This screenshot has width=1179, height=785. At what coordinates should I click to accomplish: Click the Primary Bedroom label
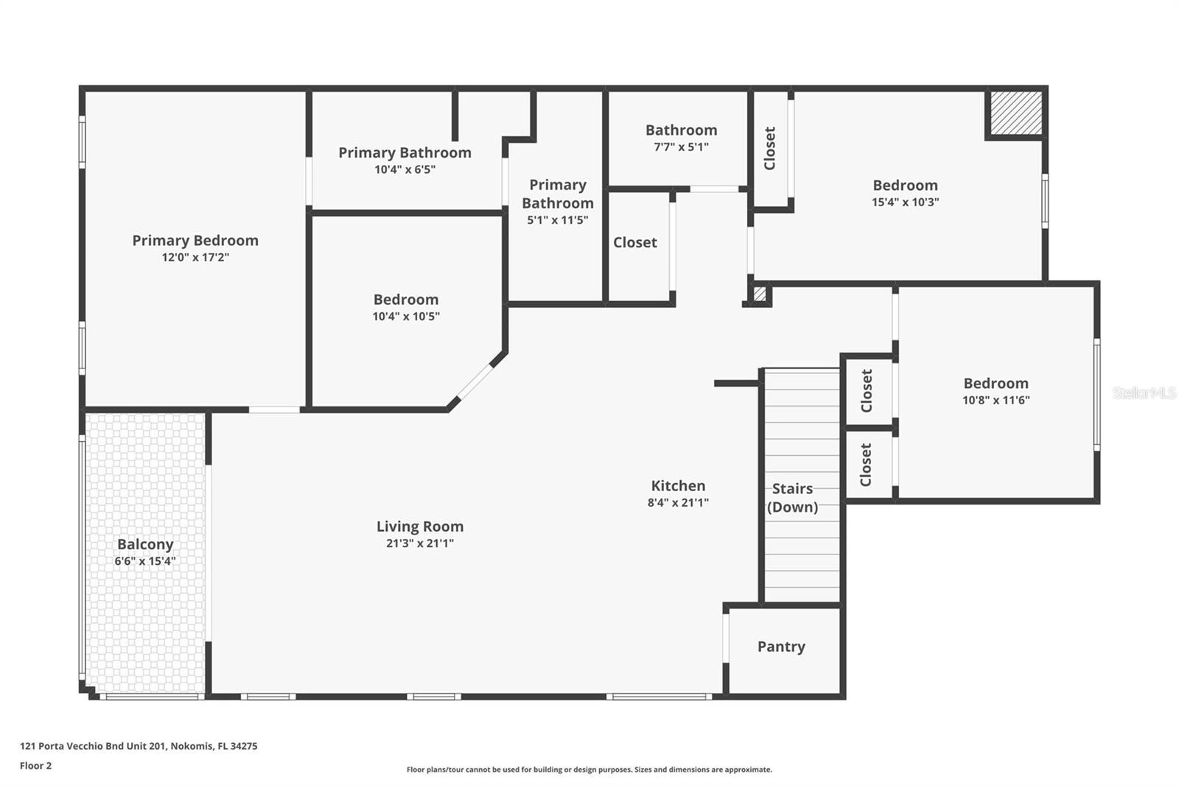[x=195, y=241]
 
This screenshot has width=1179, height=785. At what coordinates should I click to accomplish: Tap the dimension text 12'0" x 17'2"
[x=195, y=257]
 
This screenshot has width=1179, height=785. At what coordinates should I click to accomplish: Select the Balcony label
[x=145, y=544]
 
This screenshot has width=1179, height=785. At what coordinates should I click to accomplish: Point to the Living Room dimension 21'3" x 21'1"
[x=420, y=543]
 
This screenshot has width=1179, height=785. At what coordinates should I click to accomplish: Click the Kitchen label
[x=678, y=485]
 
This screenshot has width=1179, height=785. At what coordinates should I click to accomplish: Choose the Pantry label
[x=781, y=647]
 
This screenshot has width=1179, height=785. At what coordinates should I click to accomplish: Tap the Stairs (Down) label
[x=792, y=498]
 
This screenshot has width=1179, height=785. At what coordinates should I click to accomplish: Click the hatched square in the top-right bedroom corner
[x=1016, y=113]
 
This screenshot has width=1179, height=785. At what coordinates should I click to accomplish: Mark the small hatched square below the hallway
[x=760, y=294]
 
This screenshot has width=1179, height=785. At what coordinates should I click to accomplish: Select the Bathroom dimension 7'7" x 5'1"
[x=681, y=147]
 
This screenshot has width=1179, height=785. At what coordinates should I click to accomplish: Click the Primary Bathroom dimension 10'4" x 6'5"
[x=405, y=169]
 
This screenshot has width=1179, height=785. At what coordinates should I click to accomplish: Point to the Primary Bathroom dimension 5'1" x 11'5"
[x=557, y=220]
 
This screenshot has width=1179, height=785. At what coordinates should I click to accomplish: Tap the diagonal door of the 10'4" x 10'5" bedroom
[x=475, y=382]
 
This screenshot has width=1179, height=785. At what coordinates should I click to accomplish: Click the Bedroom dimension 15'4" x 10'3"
[x=906, y=202]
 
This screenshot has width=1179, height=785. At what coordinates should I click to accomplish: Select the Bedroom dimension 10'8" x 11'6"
[x=996, y=400]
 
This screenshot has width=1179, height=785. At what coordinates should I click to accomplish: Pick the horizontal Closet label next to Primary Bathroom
[x=634, y=242]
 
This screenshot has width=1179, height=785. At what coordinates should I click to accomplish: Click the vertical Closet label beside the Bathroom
[x=769, y=148]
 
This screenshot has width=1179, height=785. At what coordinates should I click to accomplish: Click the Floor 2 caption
[x=36, y=766]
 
